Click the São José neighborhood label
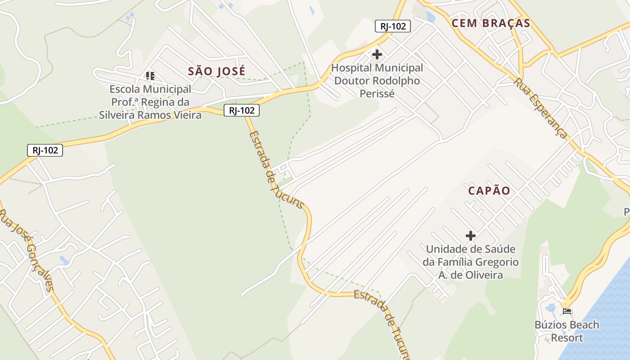click(217, 71)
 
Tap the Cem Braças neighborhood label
click(491, 23)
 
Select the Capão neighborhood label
click(489, 191)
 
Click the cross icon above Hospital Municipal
click(377, 55)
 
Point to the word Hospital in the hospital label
click(351, 68)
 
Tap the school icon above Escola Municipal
click(150, 76)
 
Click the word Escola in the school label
click(125, 89)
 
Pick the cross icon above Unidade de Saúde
click(471, 236)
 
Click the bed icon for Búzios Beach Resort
click(567, 311)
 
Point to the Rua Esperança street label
click(540, 108)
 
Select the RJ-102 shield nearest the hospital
click(393, 26)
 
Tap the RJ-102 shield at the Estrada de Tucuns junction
click(242, 110)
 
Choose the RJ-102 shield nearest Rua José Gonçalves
click(45, 150)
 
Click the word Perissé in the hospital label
click(377, 94)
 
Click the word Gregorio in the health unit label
click(495, 262)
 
